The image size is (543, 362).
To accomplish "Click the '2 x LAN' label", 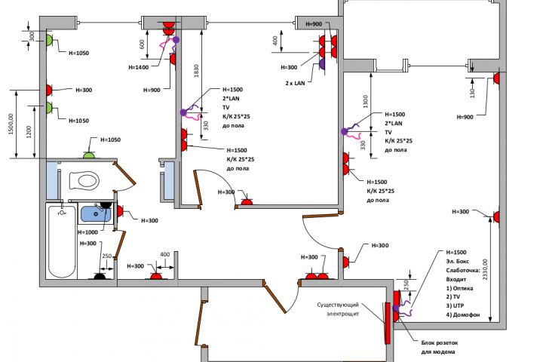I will (296, 82).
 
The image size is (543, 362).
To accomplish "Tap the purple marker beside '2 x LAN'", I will (323, 66).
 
